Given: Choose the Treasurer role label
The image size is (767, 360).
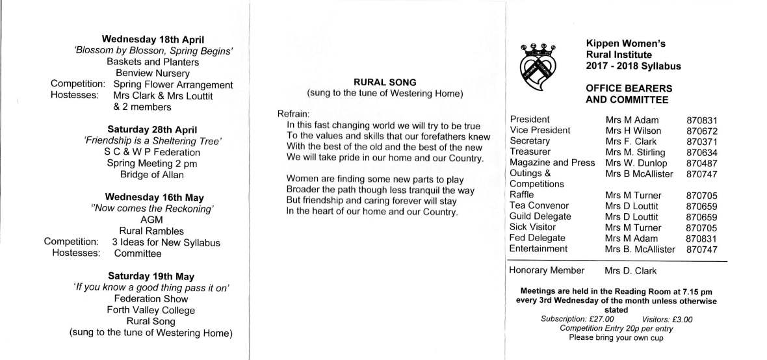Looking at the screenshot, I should pyautogui.click(x=532, y=152).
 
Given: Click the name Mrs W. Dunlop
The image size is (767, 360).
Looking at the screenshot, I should pyautogui.click(x=637, y=163).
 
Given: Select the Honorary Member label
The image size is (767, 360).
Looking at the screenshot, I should pyautogui.click(x=547, y=270).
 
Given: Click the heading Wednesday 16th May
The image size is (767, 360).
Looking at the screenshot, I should pyautogui.click(x=153, y=198).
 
